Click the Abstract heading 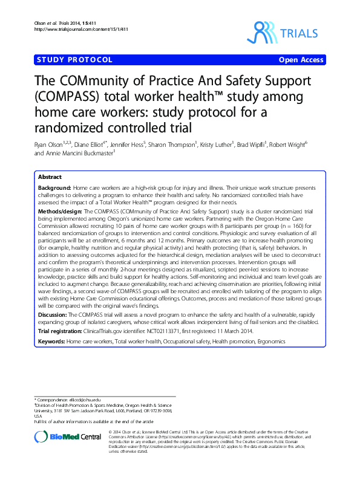pyautogui.click(x=50, y=177)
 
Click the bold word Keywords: pyautogui.click(x=51, y=342)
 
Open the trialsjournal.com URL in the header pyautogui.click(x=70, y=28)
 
